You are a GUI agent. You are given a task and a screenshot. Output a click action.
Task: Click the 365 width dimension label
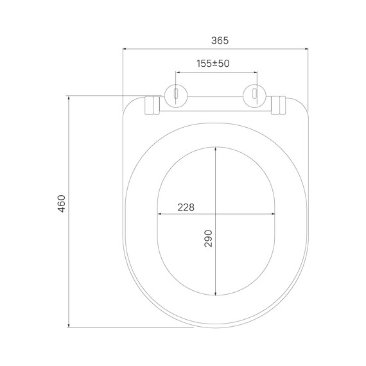(220, 40)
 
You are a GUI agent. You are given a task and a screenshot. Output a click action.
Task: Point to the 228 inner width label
(186, 207)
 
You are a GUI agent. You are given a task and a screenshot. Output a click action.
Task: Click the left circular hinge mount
(175, 94)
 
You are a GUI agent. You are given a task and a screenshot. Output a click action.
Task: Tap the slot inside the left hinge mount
(175, 94)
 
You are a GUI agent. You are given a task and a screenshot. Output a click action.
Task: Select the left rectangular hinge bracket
(153, 105)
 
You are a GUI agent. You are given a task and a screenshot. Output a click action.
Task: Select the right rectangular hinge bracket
(279, 105)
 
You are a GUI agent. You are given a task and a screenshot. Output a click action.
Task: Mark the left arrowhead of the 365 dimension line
(125, 48)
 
